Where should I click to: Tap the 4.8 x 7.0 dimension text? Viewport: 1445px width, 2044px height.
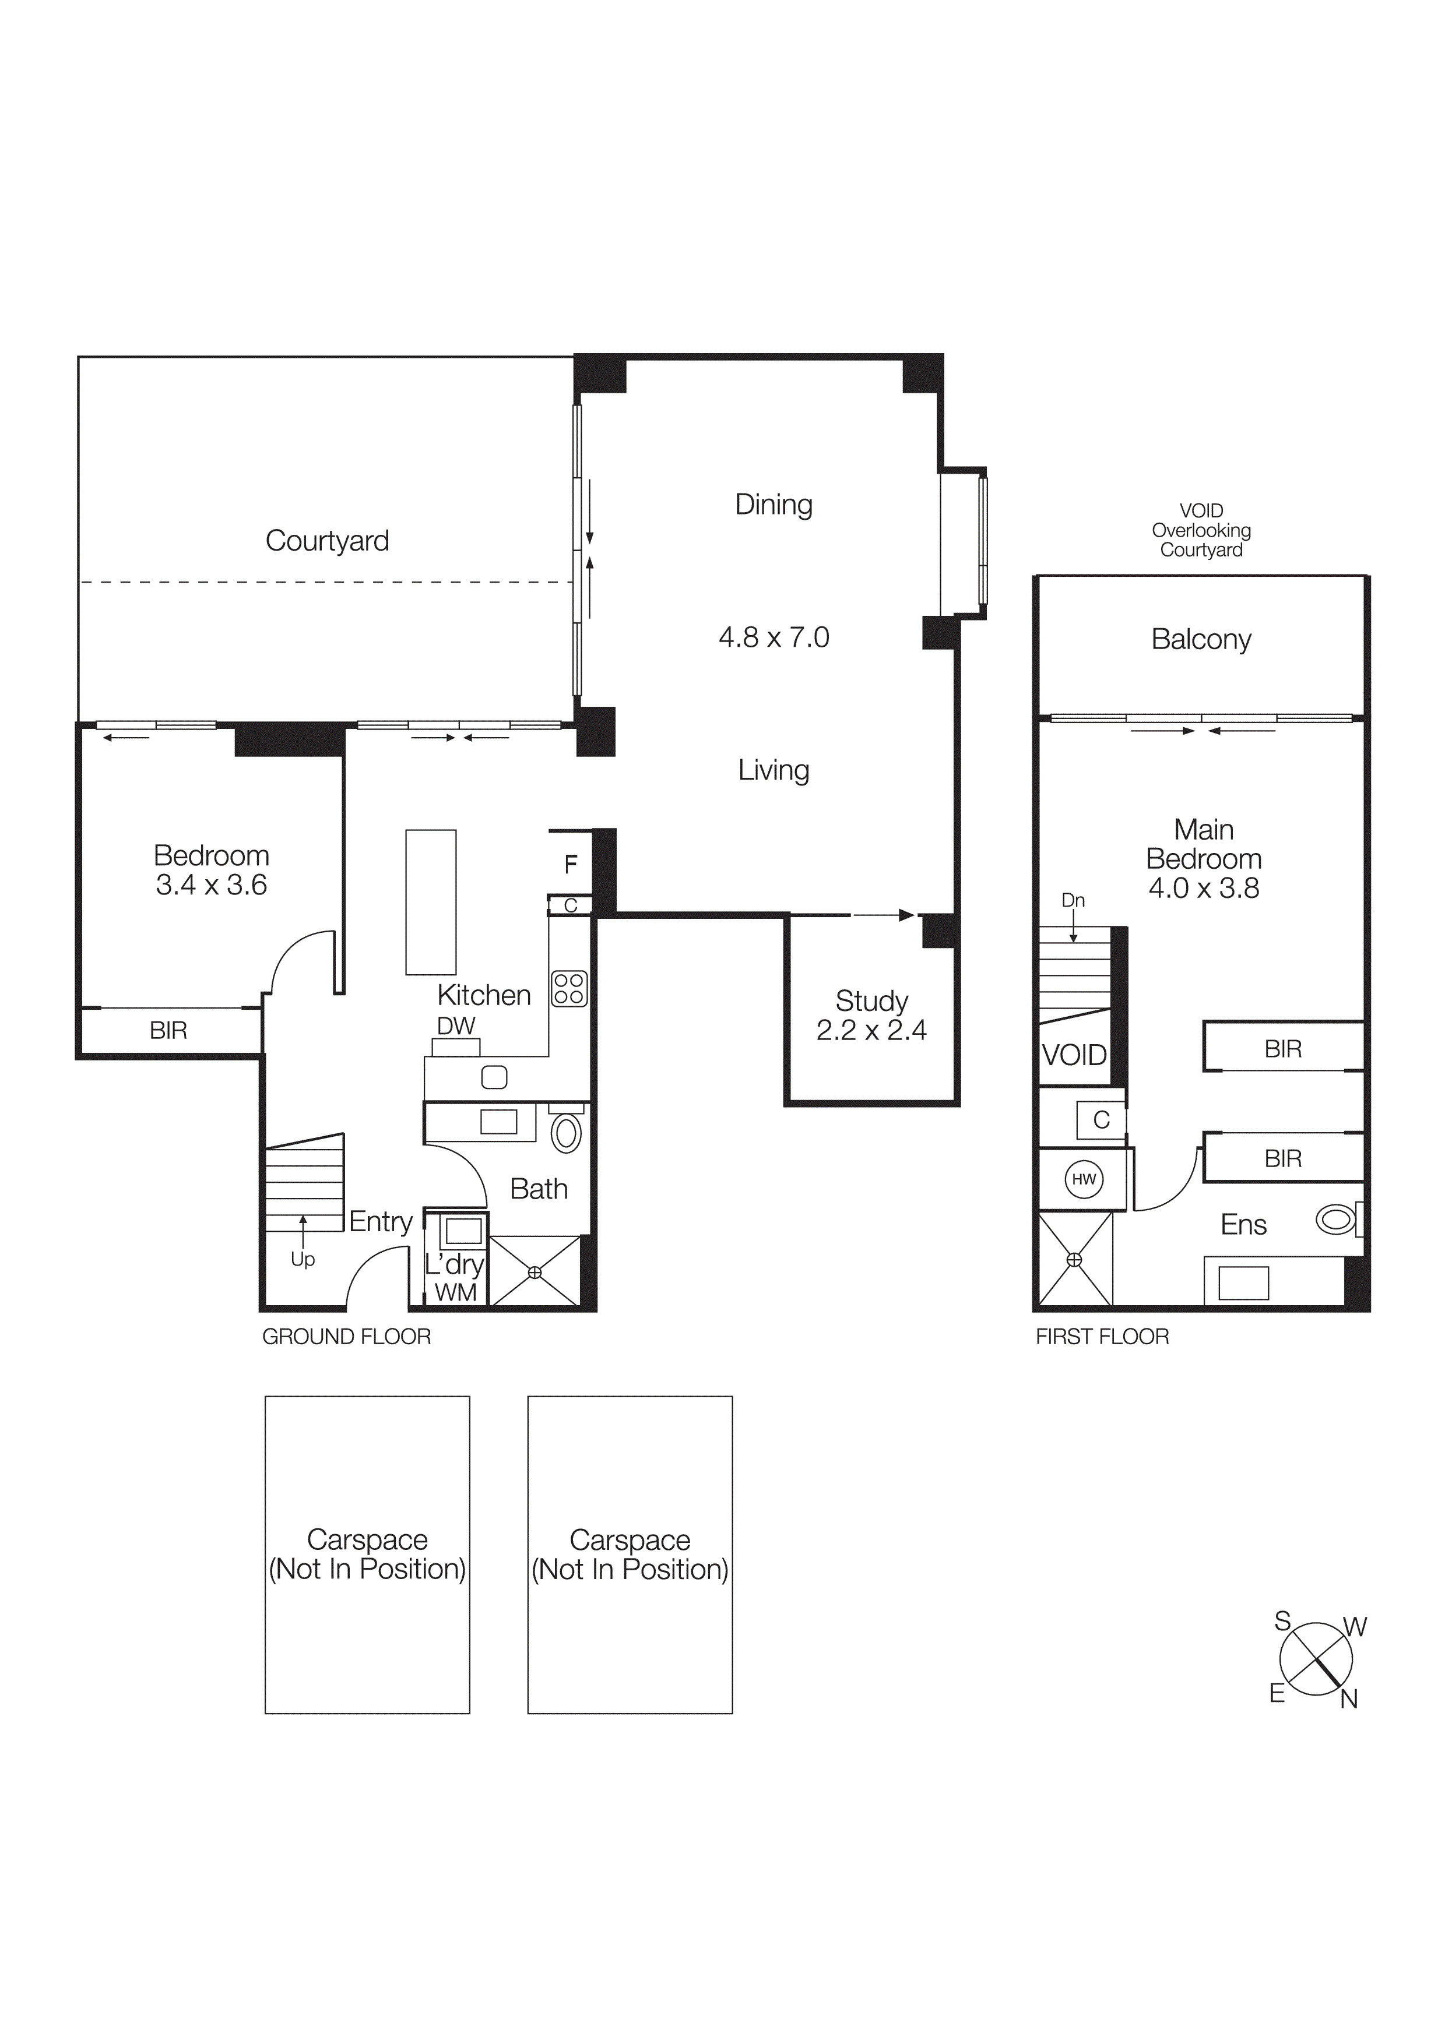pos(773,637)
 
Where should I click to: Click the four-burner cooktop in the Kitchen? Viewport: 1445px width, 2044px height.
pos(569,988)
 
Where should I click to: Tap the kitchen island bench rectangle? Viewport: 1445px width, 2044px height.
pos(431,902)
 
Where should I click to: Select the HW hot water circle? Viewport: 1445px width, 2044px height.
pos(1084,1179)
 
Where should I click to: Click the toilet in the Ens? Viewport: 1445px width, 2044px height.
pos(1337,1219)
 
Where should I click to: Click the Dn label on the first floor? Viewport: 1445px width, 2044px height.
pos(1073,900)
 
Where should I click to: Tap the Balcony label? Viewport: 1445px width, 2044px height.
pos(1201,639)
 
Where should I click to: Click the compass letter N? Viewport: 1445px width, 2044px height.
pos(1349,1700)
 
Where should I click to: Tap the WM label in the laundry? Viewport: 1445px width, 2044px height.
pos(455,1292)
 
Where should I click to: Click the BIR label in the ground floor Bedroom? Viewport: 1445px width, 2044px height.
pos(168,1030)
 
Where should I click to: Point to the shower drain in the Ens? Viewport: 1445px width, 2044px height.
pos(1075,1260)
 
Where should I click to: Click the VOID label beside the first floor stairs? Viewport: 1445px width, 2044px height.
pos(1074,1055)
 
